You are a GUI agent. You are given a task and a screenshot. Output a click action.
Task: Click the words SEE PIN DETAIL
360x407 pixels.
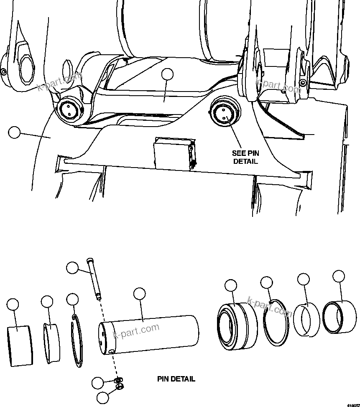point(245,157)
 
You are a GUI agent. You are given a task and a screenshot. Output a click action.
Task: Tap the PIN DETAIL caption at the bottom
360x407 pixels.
point(176,379)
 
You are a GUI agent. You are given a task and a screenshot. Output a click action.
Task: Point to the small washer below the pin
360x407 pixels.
point(118,379)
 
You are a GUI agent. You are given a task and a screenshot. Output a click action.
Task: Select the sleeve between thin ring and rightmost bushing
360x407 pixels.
point(308,321)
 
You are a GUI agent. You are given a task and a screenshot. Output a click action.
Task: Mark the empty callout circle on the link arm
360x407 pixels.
point(167,74)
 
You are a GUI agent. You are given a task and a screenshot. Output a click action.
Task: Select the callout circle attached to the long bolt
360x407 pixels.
point(73,268)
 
